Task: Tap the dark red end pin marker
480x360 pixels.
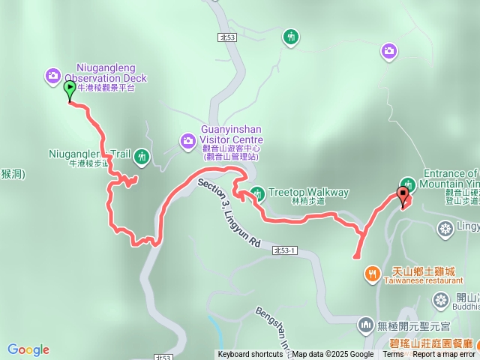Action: (x=403, y=196)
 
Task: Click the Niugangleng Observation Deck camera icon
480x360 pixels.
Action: (x=52, y=75)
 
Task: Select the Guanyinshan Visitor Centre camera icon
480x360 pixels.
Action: (x=187, y=140)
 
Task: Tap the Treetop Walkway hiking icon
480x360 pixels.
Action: (x=257, y=193)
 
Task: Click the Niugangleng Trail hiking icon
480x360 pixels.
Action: (x=142, y=156)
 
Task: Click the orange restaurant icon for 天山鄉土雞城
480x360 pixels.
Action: (x=371, y=275)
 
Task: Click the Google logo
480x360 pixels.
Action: (x=28, y=349)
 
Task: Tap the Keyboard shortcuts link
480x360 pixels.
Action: (x=250, y=355)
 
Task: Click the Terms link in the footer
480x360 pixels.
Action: (x=393, y=355)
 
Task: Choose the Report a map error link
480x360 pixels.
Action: (x=444, y=355)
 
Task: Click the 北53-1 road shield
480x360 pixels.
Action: (x=286, y=250)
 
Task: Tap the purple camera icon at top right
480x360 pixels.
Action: (x=388, y=51)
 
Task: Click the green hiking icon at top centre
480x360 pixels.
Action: (x=291, y=36)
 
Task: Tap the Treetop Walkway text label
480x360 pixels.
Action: (x=308, y=192)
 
